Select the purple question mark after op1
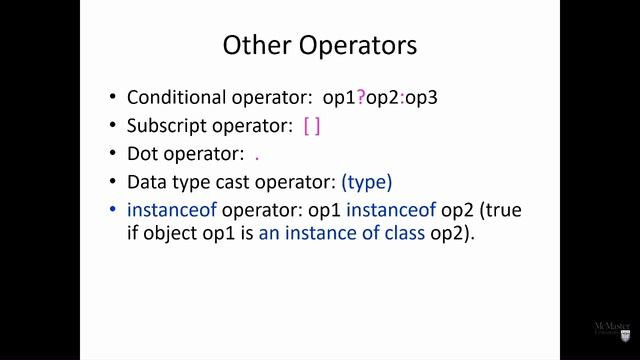click(x=361, y=98)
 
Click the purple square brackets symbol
click(x=311, y=126)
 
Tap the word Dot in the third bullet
click(x=143, y=154)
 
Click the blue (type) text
click(x=366, y=183)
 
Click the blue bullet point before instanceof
click(x=112, y=211)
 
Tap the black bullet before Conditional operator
click(x=112, y=98)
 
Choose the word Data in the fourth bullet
click(x=146, y=183)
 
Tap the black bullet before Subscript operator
click(x=112, y=126)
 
